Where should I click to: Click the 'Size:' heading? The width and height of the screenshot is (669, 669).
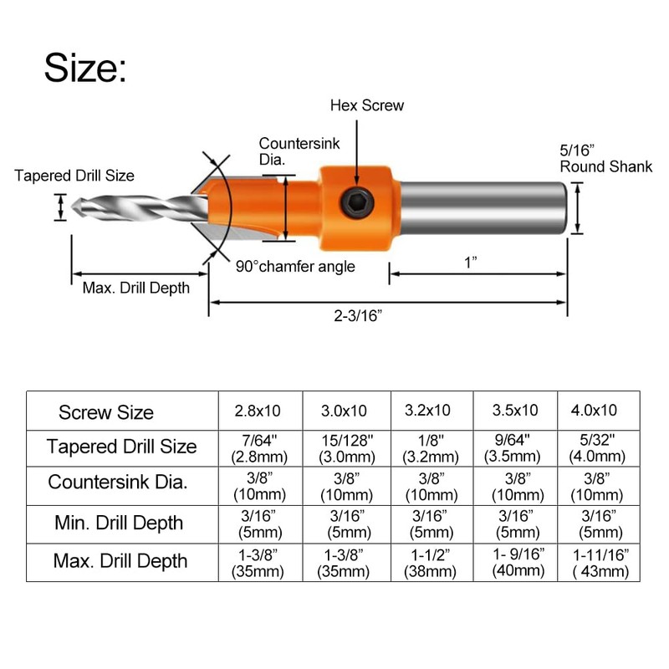pyautogui.click(x=85, y=68)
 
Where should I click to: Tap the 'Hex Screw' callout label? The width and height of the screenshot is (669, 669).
pyautogui.click(x=366, y=105)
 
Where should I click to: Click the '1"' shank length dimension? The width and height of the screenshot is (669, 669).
pyautogui.click(x=472, y=263)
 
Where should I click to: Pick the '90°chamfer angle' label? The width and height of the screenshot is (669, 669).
pyautogui.click(x=295, y=267)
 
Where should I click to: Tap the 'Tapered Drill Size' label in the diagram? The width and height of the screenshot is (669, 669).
pyautogui.click(x=74, y=176)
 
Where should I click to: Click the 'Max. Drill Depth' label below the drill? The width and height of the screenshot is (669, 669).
pyautogui.click(x=135, y=288)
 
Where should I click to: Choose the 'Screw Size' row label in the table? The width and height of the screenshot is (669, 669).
pyautogui.click(x=106, y=412)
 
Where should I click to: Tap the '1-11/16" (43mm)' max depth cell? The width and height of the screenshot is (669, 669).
pyautogui.click(x=598, y=562)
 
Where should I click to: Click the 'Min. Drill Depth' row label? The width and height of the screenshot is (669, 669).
pyautogui.click(x=118, y=523)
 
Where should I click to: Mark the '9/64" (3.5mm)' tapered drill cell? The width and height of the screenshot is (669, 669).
pyautogui.click(x=514, y=448)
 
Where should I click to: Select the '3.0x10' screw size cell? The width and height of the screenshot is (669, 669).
pyautogui.click(x=345, y=411)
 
